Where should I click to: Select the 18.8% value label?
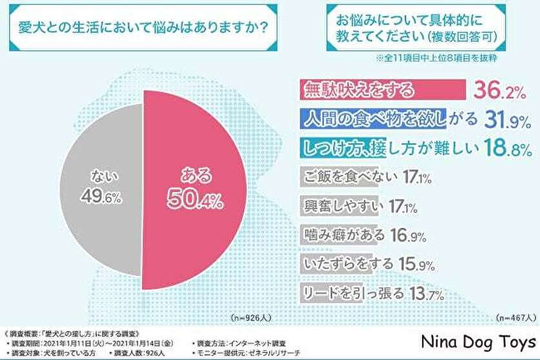pos(508,149)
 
